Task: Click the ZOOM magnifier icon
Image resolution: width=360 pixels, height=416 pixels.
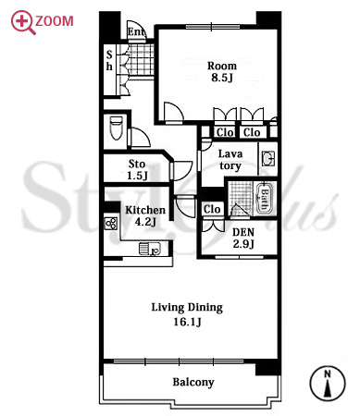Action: point(23,22)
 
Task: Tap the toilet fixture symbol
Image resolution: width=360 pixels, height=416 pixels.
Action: point(117,128)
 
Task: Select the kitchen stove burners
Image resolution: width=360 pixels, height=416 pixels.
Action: point(111,223)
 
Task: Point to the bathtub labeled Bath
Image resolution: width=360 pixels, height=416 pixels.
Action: point(264,199)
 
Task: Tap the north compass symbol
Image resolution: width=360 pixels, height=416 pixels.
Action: point(328,384)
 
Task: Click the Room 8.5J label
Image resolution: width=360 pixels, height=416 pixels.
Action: point(222,72)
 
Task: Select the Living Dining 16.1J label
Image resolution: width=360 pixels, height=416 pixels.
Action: point(187,314)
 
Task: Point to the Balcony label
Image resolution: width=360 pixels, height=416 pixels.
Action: point(193,383)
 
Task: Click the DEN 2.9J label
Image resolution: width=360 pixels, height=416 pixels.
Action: point(243,238)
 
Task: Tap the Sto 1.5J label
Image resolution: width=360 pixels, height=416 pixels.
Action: point(137,170)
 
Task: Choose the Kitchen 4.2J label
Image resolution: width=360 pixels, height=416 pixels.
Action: point(145,215)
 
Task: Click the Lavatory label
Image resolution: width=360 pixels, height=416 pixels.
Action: point(230,160)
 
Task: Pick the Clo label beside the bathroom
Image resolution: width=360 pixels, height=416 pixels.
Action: point(212,209)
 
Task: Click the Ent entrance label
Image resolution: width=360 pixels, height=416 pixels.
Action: point(136,31)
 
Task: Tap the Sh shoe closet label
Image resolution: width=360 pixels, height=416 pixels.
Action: point(109,60)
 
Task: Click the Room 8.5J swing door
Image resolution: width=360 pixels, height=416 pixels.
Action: point(174,113)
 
